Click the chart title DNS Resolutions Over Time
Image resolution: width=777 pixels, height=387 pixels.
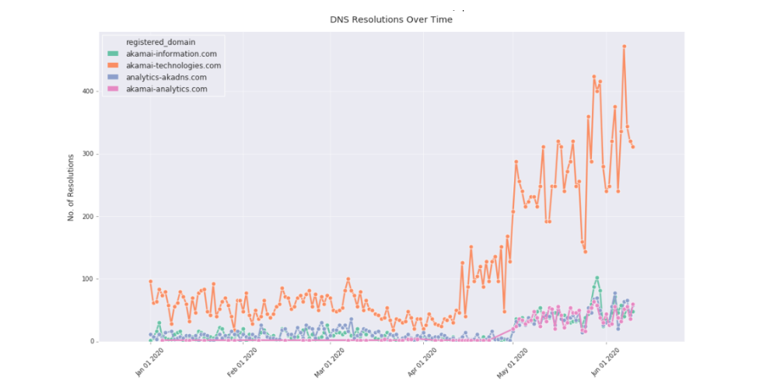391,19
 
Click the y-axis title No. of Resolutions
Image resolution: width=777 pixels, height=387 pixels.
71,187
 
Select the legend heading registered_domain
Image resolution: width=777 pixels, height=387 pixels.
160,42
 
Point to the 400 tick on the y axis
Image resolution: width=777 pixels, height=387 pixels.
88,92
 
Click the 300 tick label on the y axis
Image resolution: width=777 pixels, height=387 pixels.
88,154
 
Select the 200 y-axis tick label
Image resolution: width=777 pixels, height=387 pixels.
88,217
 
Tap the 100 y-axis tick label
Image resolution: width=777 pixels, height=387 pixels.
88,279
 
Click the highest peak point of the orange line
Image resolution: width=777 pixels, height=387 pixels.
624,47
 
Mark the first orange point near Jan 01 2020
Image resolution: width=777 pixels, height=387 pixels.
150,281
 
